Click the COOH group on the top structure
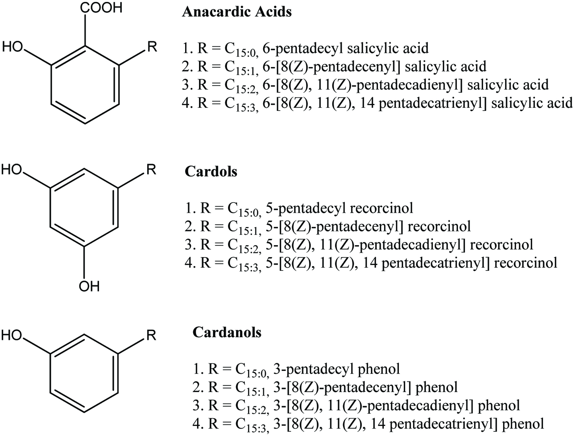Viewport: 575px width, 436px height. pyautogui.click(x=101, y=7)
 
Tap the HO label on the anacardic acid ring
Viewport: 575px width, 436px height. pyautogui.click(x=13, y=47)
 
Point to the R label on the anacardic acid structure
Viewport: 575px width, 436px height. pyautogui.click(x=152, y=47)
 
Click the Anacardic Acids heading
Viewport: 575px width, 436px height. pyautogui.click(x=237, y=12)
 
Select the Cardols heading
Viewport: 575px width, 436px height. pyautogui.click(x=211, y=172)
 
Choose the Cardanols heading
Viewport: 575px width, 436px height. pyautogui.click(x=227, y=332)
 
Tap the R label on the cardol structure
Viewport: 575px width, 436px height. pyautogui.click(x=151, y=169)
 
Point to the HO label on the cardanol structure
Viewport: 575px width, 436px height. pyautogui.click(x=12, y=335)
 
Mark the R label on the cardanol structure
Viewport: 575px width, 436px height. pyautogui.click(x=151, y=335)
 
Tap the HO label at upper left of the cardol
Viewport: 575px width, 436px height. pyautogui.click(x=12, y=169)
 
